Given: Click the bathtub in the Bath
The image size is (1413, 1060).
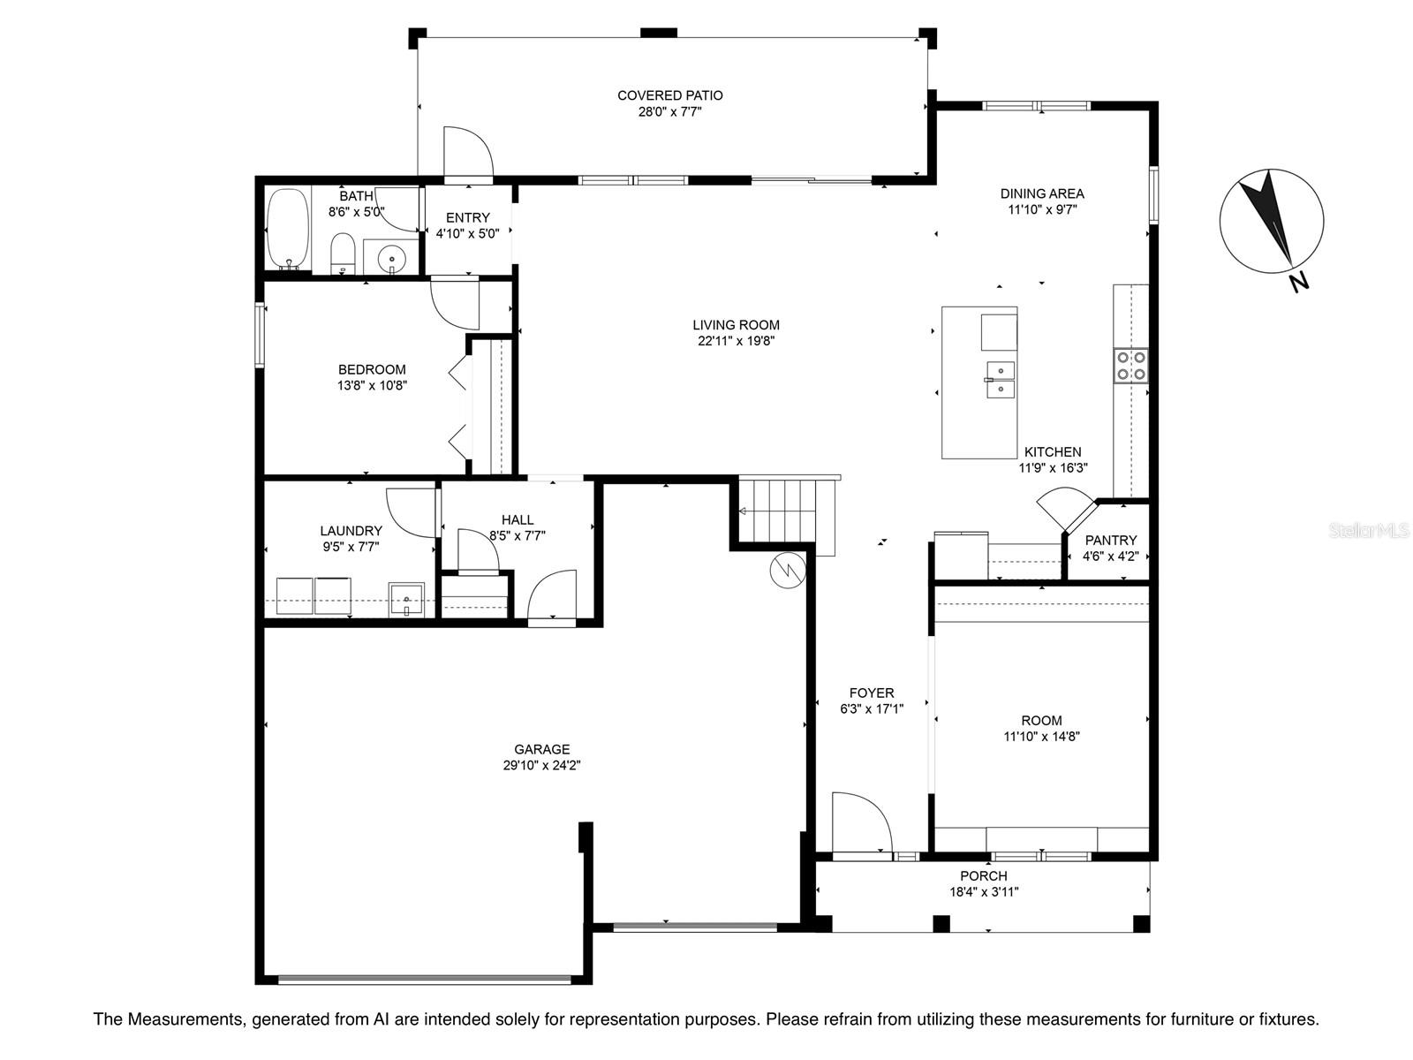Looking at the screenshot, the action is [x=288, y=229].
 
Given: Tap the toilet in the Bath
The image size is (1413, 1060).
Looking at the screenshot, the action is [x=343, y=254].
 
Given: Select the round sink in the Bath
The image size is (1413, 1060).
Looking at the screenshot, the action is [x=391, y=260].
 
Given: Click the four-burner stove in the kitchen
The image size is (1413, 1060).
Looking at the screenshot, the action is [x=1130, y=366].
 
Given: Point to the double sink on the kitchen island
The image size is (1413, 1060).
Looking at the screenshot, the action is [x=999, y=380].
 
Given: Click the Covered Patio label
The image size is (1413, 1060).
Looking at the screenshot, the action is [x=669, y=95].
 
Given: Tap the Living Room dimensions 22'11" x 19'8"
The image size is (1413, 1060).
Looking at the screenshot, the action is [x=736, y=341].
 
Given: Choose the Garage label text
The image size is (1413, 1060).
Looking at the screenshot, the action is [x=541, y=749].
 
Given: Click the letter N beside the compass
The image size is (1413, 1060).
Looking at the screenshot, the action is [x=1299, y=282].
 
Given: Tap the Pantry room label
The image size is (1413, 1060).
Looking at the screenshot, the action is [x=1110, y=540].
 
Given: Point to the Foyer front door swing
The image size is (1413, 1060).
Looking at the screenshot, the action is [x=861, y=824].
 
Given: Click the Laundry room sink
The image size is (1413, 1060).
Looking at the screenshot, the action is [x=406, y=599].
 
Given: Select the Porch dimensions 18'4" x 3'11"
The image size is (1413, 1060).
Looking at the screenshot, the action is [x=984, y=892].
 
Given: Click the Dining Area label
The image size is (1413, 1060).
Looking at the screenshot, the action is [x=1041, y=193].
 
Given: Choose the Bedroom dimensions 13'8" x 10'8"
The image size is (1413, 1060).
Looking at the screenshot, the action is [x=372, y=385].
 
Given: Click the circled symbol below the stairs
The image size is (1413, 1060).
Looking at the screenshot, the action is [x=787, y=571].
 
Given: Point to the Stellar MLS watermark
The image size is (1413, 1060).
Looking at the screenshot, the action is [x=1369, y=531].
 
